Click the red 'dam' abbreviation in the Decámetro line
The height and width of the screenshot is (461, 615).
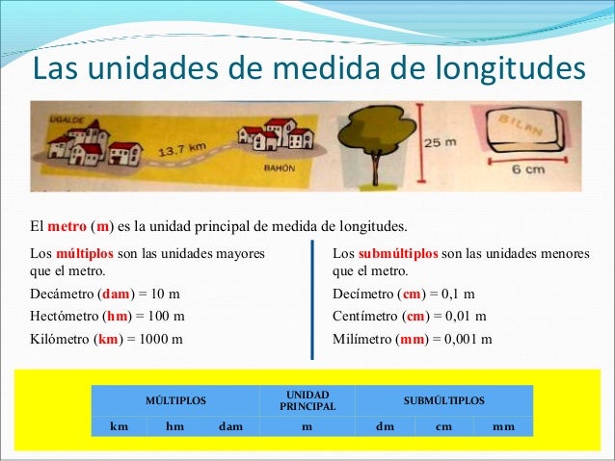[x=117, y=294]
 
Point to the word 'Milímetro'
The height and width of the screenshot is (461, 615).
[x=361, y=339]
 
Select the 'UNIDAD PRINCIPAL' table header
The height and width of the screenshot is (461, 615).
[x=307, y=400]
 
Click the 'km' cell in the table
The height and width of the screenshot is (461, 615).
[x=120, y=424]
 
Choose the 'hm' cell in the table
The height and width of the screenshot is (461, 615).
[x=175, y=424]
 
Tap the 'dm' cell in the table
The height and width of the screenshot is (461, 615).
[x=384, y=424]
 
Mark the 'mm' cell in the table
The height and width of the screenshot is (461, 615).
[x=503, y=424]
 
